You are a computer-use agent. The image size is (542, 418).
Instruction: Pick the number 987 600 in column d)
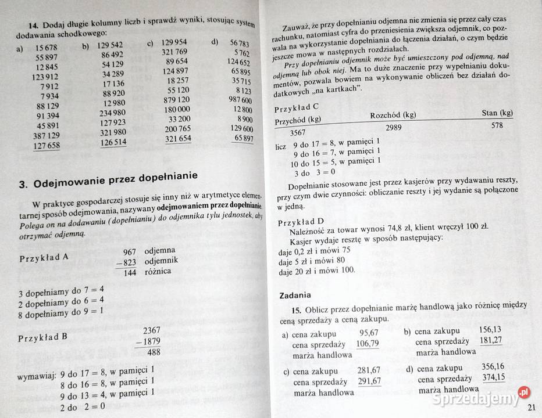240,100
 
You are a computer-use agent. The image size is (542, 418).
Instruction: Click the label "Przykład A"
44,258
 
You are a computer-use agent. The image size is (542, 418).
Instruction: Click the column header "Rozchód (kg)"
393,115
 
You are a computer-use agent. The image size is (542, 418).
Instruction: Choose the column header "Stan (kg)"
497,113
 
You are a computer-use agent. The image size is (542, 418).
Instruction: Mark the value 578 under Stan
497,125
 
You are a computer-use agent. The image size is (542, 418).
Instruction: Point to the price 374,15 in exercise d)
493,377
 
